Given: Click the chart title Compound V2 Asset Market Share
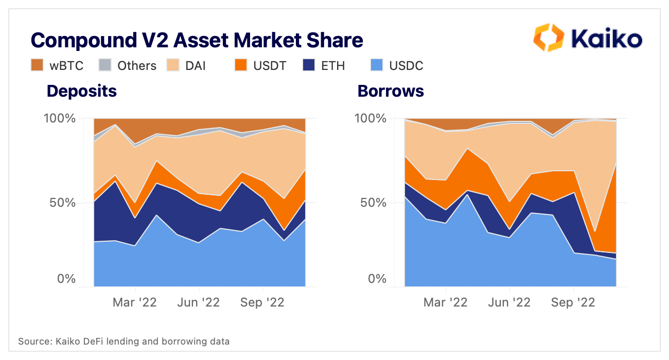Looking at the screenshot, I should point(197,40).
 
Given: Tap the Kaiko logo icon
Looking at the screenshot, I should point(549,37).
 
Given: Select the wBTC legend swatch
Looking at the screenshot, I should point(37,65).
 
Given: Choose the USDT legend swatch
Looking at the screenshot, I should point(241,65).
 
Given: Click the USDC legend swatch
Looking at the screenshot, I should point(377,65).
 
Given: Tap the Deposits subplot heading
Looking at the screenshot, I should point(82,91).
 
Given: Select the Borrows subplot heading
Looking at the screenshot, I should point(391,91).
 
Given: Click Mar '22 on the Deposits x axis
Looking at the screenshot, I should point(135,302).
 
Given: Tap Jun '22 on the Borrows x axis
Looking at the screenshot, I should point(509,302).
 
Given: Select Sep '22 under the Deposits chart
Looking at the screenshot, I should point(262,302).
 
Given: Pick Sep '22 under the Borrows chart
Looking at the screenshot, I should point(573,302).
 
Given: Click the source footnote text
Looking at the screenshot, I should point(124,341).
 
